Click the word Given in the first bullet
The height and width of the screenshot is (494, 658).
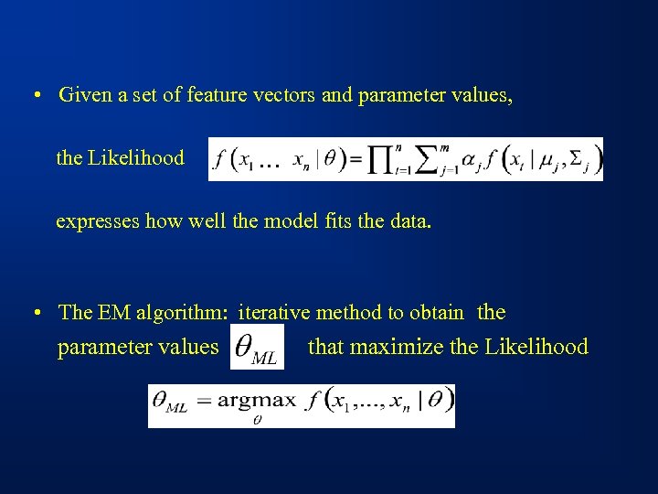(x=83, y=95)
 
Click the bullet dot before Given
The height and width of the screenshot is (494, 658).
(x=34, y=96)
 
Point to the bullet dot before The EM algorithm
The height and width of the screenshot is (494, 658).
(x=34, y=313)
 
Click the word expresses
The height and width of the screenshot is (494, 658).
(x=98, y=222)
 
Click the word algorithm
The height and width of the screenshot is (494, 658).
(x=179, y=313)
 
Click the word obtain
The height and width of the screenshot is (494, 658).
(x=436, y=313)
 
